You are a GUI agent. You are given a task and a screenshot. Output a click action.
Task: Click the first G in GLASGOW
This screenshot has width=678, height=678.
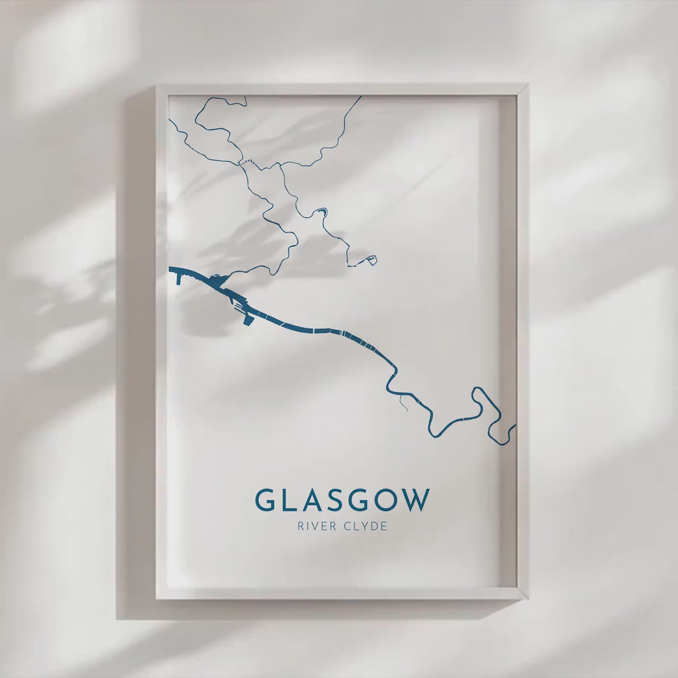click(266, 501)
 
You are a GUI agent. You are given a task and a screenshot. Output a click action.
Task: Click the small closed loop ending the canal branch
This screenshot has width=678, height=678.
click(371, 260)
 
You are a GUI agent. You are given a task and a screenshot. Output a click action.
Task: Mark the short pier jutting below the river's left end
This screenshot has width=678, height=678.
click(178, 278)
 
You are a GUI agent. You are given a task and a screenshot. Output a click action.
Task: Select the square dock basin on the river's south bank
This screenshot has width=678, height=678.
click(248, 320)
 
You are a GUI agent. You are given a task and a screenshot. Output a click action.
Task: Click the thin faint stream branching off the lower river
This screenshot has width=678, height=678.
click(403, 403)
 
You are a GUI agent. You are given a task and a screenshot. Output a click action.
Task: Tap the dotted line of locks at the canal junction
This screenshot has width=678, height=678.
click(246, 161)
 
